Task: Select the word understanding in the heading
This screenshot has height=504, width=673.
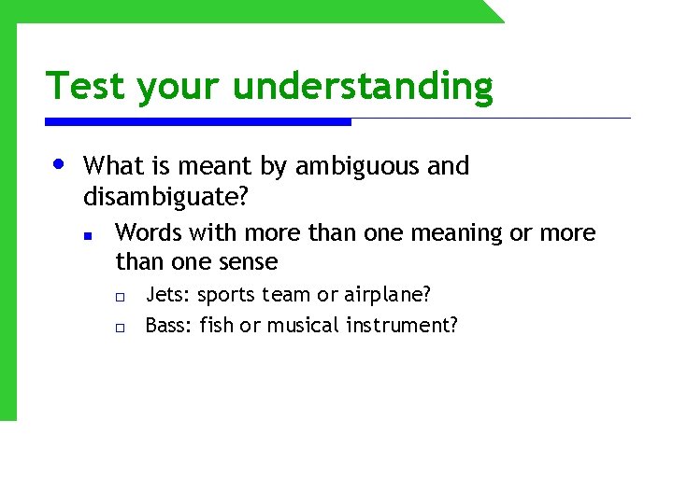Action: pyautogui.click(x=363, y=86)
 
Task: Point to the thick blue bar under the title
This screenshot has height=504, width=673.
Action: pyautogui.click(x=198, y=121)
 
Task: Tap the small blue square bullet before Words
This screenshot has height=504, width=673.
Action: pyautogui.click(x=86, y=235)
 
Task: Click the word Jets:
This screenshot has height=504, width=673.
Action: pyautogui.click(x=168, y=295)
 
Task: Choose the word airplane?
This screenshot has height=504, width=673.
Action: pyautogui.click(x=387, y=295)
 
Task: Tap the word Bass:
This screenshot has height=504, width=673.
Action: pyautogui.click(x=168, y=325)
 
